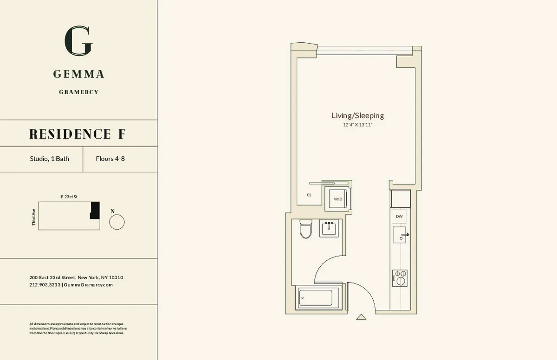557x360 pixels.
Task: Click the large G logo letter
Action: (x=78, y=41)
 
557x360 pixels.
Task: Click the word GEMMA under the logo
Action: (x=78, y=74)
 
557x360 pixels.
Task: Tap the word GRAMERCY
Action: (x=78, y=92)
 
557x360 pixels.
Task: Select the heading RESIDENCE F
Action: (x=77, y=134)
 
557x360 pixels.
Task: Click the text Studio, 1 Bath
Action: (x=49, y=159)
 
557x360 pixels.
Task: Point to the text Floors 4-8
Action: (x=110, y=159)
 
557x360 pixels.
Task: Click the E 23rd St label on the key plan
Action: (x=69, y=197)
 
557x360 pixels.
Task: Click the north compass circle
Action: (x=117, y=222)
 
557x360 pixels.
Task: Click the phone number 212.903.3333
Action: (x=45, y=285)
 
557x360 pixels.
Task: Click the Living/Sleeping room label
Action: (x=357, y=116)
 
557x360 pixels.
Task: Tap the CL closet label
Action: (x=309, y=195)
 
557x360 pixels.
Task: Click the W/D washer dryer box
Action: (x=338, y=199)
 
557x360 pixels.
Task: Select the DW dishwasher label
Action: (x=399, y=217)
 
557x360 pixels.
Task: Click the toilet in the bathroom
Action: (x=305, y=228)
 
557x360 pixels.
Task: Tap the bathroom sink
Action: (x=330, y=229)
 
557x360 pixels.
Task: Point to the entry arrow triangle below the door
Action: (x=361, y=317)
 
